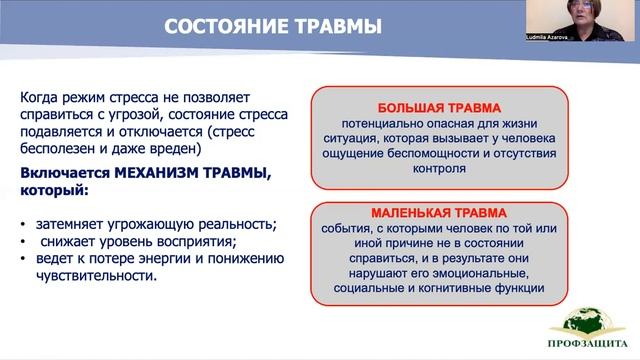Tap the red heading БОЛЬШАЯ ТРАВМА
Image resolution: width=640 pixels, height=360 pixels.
pyautogui.click(x=438, y=108)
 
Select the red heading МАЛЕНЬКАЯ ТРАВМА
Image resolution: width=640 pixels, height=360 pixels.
pyautogui.click(x=438, y=212)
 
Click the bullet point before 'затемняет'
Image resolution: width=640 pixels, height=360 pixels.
pyautogui.click(x=23, y=223)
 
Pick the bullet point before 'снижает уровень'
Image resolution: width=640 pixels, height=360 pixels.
pyautogui.click(x=23, y=241)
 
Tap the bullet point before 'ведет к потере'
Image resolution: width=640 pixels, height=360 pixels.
pyautogui.click(x=23, y=259)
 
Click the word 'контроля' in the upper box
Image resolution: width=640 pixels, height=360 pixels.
pyautogui.click(x=438, y=169)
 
